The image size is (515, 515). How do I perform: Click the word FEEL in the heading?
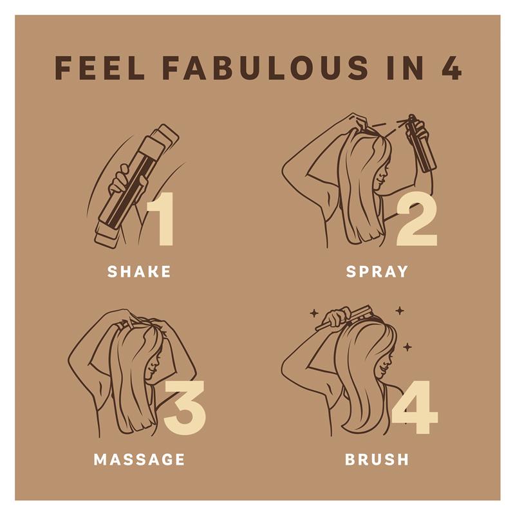pos(100,68)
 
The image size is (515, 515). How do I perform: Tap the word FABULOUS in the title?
pos(265,68)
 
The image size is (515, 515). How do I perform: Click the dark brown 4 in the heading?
pos(451,68)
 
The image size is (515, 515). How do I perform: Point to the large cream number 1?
pos(161,219)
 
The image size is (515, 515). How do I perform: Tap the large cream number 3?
pos(185,407)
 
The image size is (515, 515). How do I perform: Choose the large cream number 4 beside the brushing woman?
pos(415,407)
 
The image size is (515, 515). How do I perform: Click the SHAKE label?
pos(139,272)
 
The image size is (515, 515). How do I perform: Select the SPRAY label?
pos(377,272)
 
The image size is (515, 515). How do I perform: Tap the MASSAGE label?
pos(139,459)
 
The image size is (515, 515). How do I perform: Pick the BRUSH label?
pos(377,459)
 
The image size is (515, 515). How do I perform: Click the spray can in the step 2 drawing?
pos(421,144)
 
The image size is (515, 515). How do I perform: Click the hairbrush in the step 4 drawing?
pos(348,317)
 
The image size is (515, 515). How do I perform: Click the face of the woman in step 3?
pos(153,364)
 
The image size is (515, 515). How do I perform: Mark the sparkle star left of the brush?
pos(314,314)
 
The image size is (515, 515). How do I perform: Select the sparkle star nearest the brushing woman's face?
pos(407,347)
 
